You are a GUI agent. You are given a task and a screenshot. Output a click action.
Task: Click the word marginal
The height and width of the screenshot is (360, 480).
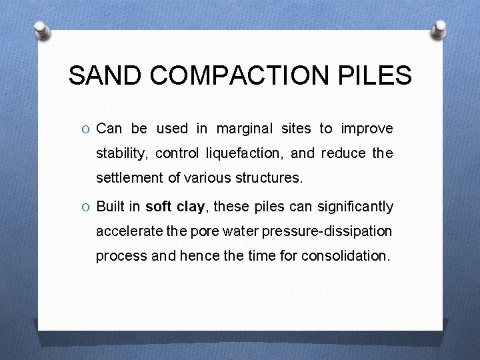(245, 129)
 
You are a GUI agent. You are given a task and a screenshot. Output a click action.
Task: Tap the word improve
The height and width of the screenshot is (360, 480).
(367, 129)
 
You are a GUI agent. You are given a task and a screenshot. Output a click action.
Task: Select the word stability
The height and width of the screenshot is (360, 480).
(123, 154)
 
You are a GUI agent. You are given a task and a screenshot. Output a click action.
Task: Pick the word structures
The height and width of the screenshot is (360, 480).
(272, 179)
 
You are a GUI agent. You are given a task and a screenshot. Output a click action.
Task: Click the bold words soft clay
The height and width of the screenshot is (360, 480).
(175, 207)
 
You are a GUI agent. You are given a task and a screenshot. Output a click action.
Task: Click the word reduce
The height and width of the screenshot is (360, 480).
(343, 153)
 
